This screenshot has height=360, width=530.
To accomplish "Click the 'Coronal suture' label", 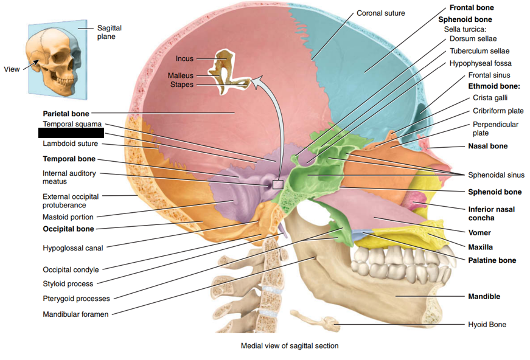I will (380, 13).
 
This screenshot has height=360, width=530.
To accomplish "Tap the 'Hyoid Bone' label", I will (487, 324).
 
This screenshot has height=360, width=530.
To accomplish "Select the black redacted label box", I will (71, 133).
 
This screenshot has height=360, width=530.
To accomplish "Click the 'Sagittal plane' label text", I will (110, 32).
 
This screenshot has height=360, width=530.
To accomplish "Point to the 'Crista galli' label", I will (490, 97).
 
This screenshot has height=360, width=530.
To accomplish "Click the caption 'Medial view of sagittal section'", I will (290, 345).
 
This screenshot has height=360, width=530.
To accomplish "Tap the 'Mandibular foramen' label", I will (75, 314).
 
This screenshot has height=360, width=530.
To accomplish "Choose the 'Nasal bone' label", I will (487, 146).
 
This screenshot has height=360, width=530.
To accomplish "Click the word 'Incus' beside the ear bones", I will (184, 59).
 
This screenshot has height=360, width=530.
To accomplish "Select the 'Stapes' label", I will (182, 85).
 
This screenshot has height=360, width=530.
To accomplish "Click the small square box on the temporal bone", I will (277, 184).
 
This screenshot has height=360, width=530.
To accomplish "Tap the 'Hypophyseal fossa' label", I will (480, 63).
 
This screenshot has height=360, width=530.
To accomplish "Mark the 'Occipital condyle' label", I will (71, 269).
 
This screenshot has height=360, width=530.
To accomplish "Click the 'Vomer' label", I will (479, 232).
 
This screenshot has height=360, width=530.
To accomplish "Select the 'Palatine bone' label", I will (492, 260).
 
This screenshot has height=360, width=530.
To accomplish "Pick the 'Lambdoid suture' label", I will (71, 144).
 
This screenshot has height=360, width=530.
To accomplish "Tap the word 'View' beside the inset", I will (12, 69).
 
